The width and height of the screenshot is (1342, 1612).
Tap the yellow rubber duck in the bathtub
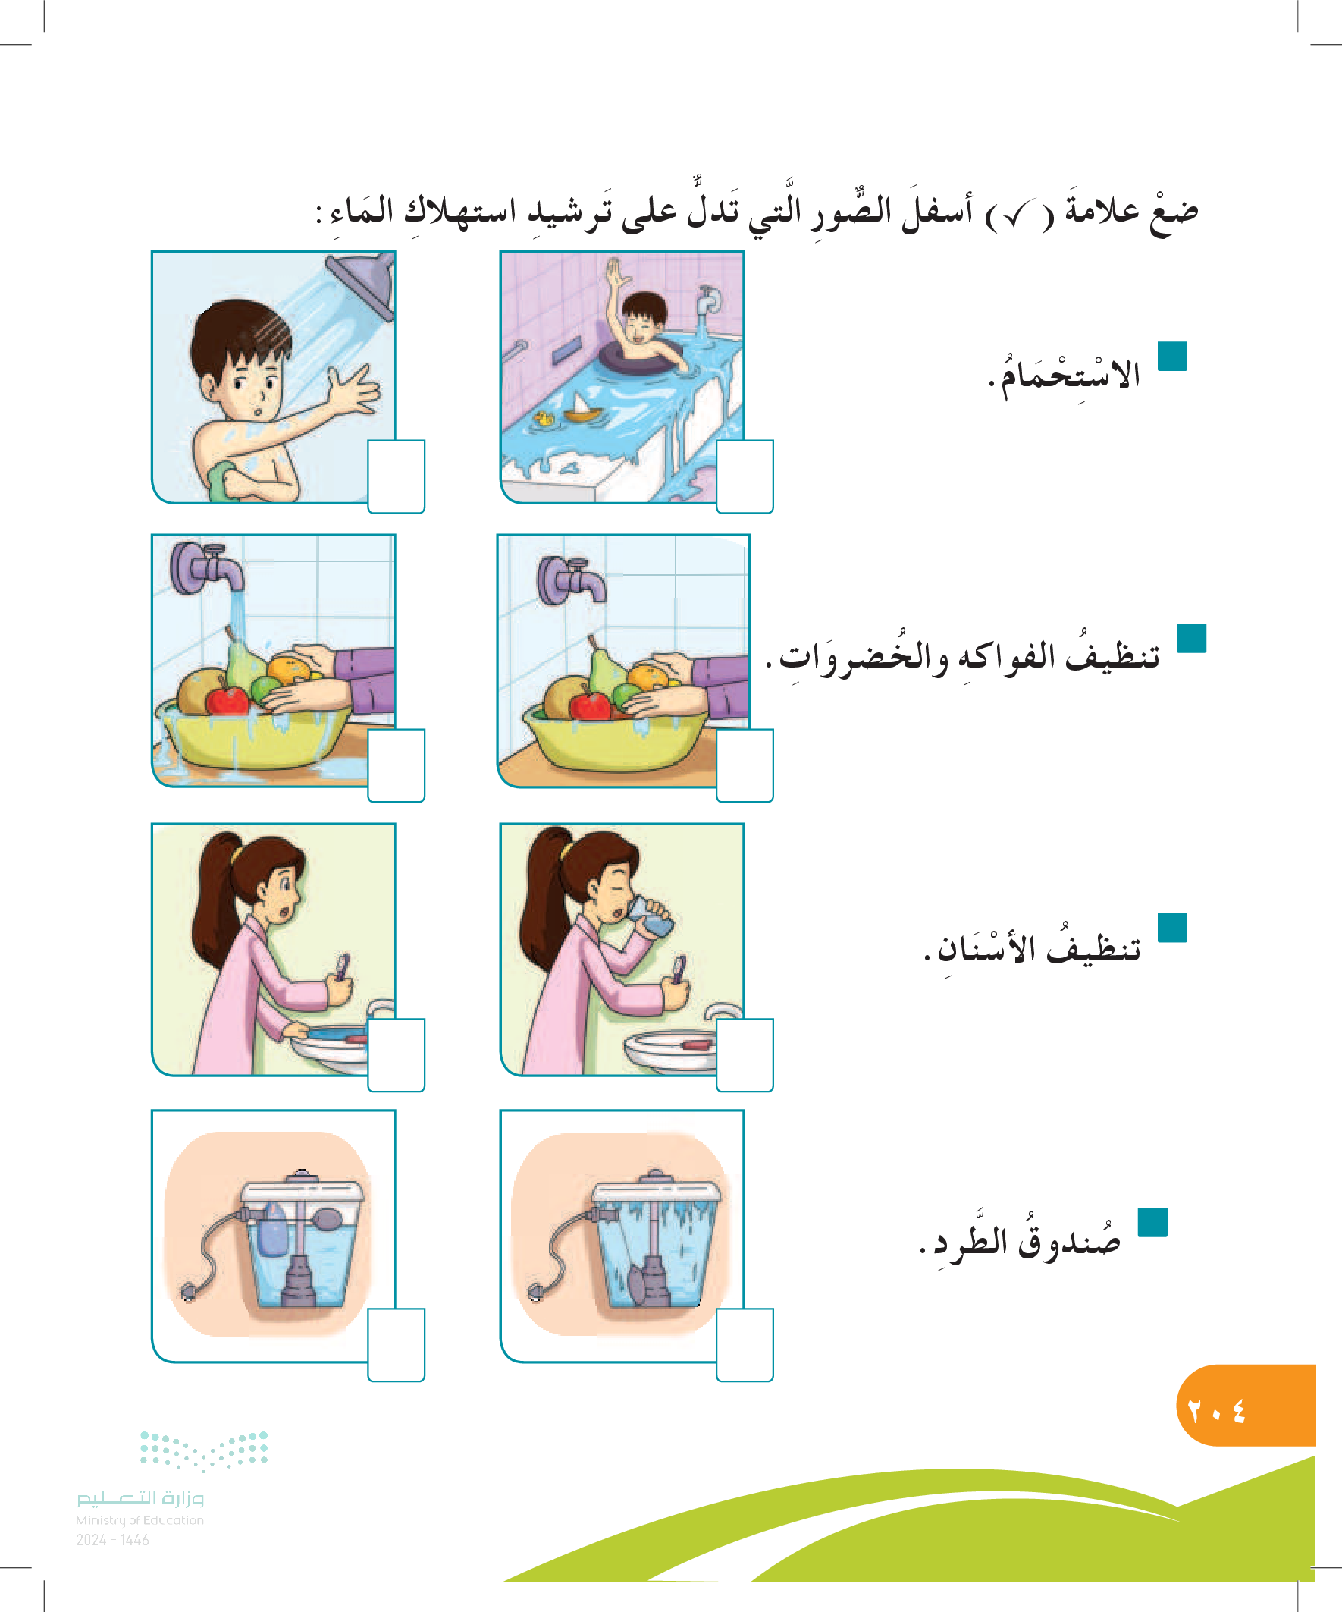point(544,418)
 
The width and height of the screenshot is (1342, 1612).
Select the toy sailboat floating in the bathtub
point(584,407)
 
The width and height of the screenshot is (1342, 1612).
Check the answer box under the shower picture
point(396,476)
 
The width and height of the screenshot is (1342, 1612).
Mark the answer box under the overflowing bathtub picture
point(745,476)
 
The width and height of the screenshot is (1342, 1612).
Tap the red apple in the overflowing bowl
point(227,699)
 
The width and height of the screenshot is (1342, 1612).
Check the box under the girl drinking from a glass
point(745,1054)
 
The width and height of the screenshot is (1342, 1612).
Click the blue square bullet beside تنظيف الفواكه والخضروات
point(1191,638)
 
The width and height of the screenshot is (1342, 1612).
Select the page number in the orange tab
point(1216,1411)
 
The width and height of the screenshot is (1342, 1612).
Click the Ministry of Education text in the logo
point(140,1520)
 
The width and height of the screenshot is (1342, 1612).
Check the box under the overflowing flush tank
point(745,1345)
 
